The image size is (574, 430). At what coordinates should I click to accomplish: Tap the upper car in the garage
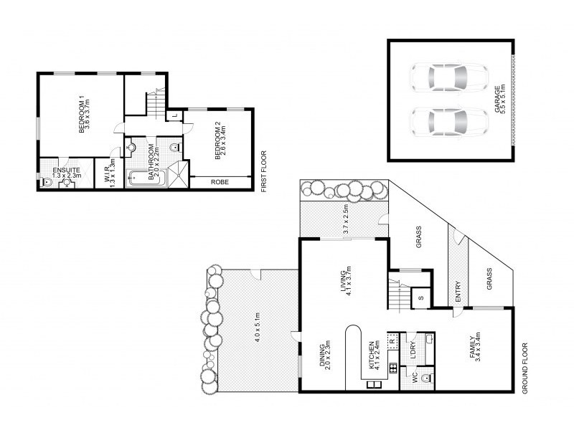coord(448,77)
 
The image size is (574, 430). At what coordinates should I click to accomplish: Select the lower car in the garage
coord(448,122)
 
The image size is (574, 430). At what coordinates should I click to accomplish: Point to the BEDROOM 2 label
coord(217,139)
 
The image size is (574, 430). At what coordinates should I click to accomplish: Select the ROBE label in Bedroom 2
coord(220,183)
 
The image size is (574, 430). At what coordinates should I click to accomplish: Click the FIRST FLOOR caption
coord(263,171)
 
